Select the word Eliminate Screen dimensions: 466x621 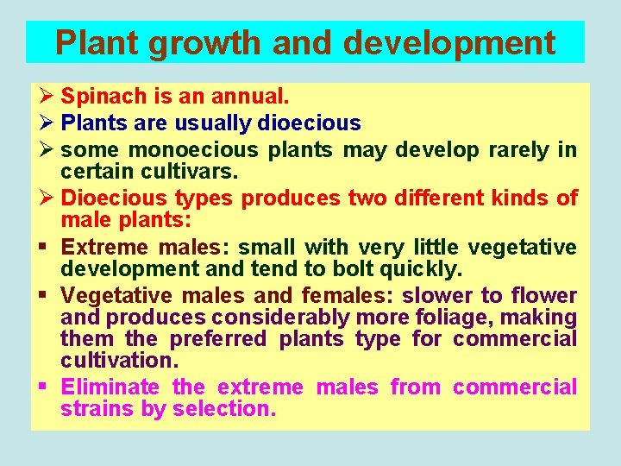pos(110,387)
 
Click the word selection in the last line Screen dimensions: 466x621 pos(223,409)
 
